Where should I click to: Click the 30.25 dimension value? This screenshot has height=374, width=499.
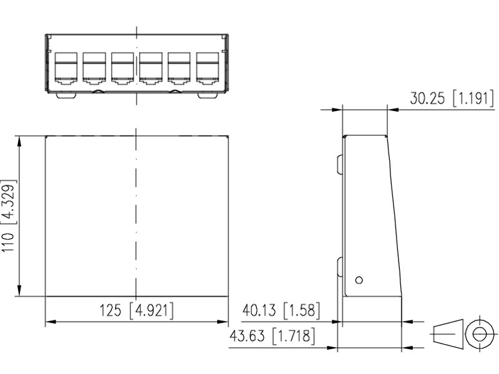(427, 98)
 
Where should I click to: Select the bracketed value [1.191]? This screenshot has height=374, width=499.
(473, 98)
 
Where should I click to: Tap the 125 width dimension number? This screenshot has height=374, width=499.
(110, 310)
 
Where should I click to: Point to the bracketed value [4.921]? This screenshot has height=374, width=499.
(152, 310)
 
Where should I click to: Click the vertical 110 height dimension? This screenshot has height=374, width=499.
(8, 242)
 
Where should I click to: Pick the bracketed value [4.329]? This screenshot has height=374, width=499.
(8, 202)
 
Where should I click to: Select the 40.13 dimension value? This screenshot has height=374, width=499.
(259, 310)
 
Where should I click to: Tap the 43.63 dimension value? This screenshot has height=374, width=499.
(247, 336)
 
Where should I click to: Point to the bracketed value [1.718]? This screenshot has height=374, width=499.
(294, 336)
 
